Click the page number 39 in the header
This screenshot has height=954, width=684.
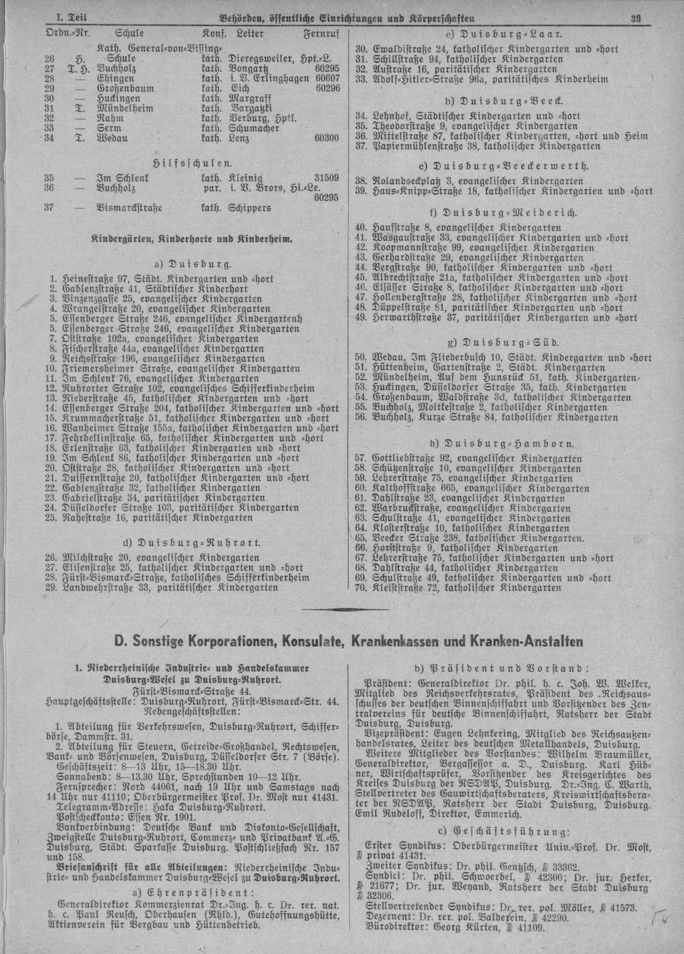(x=635, y=18)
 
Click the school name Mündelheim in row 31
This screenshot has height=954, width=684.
(x=120, y=108)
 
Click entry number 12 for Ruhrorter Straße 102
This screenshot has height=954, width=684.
(x=53, y=388)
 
